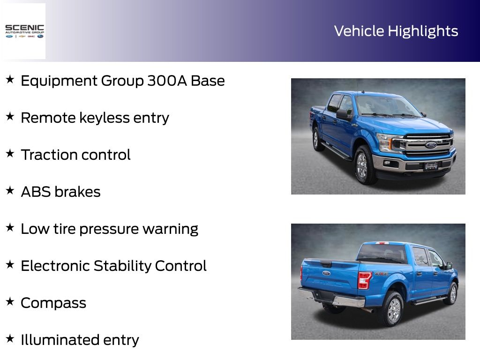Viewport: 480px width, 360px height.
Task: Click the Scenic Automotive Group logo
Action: (x=24, y=31)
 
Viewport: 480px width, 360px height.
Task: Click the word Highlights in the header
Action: (x=423, y=31)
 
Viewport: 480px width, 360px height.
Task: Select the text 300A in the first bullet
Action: (x=167, y=81)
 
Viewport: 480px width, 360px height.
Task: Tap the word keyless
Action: (x=105, y=118)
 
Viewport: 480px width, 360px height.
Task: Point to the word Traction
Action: (x=49, y=155)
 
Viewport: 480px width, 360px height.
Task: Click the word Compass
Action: (x=53, y=303)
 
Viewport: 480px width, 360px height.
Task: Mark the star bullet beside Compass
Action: (x=10, y=301)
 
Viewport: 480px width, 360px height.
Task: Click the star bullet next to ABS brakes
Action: (x=10, y=190)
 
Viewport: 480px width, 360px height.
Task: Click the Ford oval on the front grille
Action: (x=431, y=145)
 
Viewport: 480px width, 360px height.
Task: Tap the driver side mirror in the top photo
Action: (x=343, y=114)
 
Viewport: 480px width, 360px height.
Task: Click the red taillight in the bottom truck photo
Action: (x=364, y=280)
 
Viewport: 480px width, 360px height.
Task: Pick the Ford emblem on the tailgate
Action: (x=326, y=273)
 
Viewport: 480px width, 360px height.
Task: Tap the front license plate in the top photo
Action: (x=431, y=166)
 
